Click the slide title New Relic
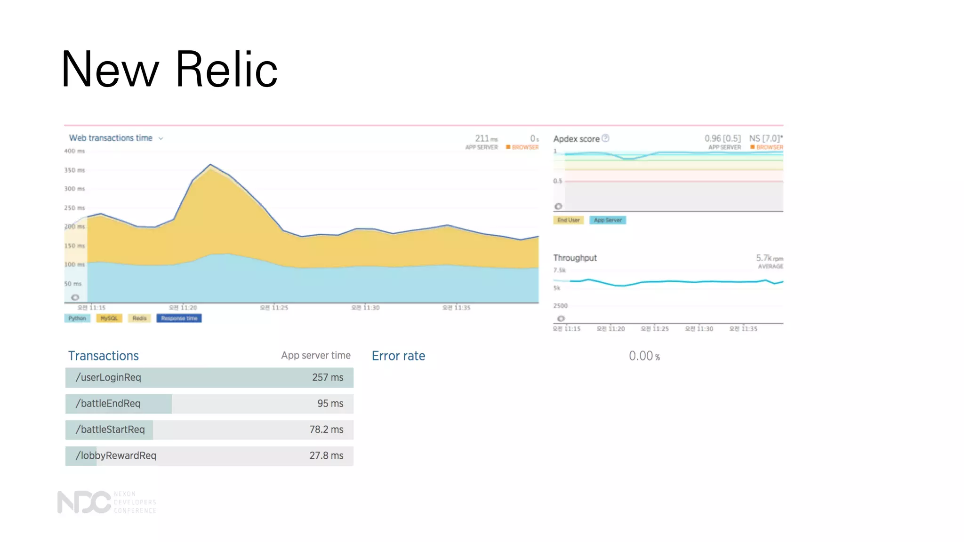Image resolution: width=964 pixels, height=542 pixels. click(x=169, y=69)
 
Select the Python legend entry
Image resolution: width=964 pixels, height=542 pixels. click(x=77, y=319)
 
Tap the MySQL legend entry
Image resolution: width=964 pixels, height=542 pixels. click(x=109, y=319)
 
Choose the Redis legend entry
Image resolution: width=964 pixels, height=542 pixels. click(x=139, y=319)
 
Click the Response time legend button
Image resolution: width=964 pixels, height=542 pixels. click(x=179, y=319)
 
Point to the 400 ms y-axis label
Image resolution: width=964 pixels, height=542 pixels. click(x=74, y=151)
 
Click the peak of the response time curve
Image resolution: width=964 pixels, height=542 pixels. click(x=210, y=165)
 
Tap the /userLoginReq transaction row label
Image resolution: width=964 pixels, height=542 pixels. click(x=108, y=377)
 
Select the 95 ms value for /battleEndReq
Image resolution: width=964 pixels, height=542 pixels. click(x=330, y=404)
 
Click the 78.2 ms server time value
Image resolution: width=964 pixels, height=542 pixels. click(x=326, y=430)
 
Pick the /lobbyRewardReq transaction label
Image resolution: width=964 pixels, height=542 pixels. click(x=116, y=455)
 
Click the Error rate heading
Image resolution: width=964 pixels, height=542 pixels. click(x=398, y=356)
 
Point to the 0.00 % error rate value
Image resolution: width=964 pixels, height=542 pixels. click(x=644, y=356)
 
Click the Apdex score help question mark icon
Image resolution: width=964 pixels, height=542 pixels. click(x=606, y=138)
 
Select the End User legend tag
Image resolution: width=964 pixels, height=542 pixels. click(x=568, y=220)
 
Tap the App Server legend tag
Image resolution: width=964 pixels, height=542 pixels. click(x=607, y=220)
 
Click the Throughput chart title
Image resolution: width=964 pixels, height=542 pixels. click(x=575, y=258)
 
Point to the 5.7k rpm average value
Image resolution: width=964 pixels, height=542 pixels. click(x=769, y=258)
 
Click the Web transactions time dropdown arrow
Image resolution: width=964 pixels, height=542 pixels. click(x=161, y=139)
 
